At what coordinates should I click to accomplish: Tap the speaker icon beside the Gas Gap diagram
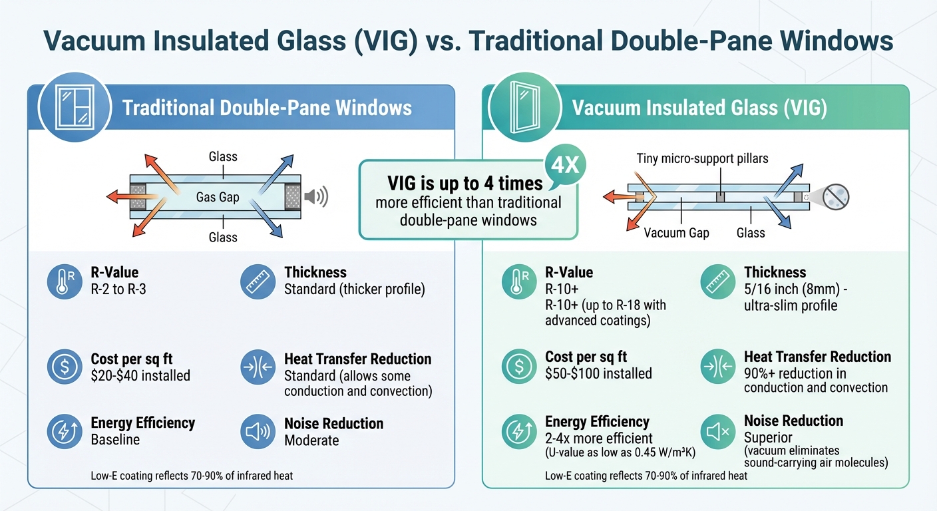(315, 197)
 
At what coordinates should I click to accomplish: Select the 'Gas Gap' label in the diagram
(218, 197)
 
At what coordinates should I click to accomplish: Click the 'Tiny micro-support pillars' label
(703, 158)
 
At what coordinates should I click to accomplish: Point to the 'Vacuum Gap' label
(677, 233)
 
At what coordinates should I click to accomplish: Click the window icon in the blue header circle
(73, 108)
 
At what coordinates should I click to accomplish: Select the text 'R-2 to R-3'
(118, 289)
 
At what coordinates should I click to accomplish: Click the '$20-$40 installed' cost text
(140, 376)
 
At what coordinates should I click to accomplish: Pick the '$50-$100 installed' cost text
(598, 374)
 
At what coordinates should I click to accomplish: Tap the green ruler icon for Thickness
(719, 282)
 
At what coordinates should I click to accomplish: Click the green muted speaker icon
(719, 432)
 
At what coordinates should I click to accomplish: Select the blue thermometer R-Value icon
(65, 281)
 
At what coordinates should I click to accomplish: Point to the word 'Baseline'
(115, 440)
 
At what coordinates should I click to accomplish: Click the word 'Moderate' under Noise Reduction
(311, 440)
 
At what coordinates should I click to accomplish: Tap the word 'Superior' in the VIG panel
(768, 438)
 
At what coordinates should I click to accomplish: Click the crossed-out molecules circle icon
(835, 197)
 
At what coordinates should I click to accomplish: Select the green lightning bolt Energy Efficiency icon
(519, 432)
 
